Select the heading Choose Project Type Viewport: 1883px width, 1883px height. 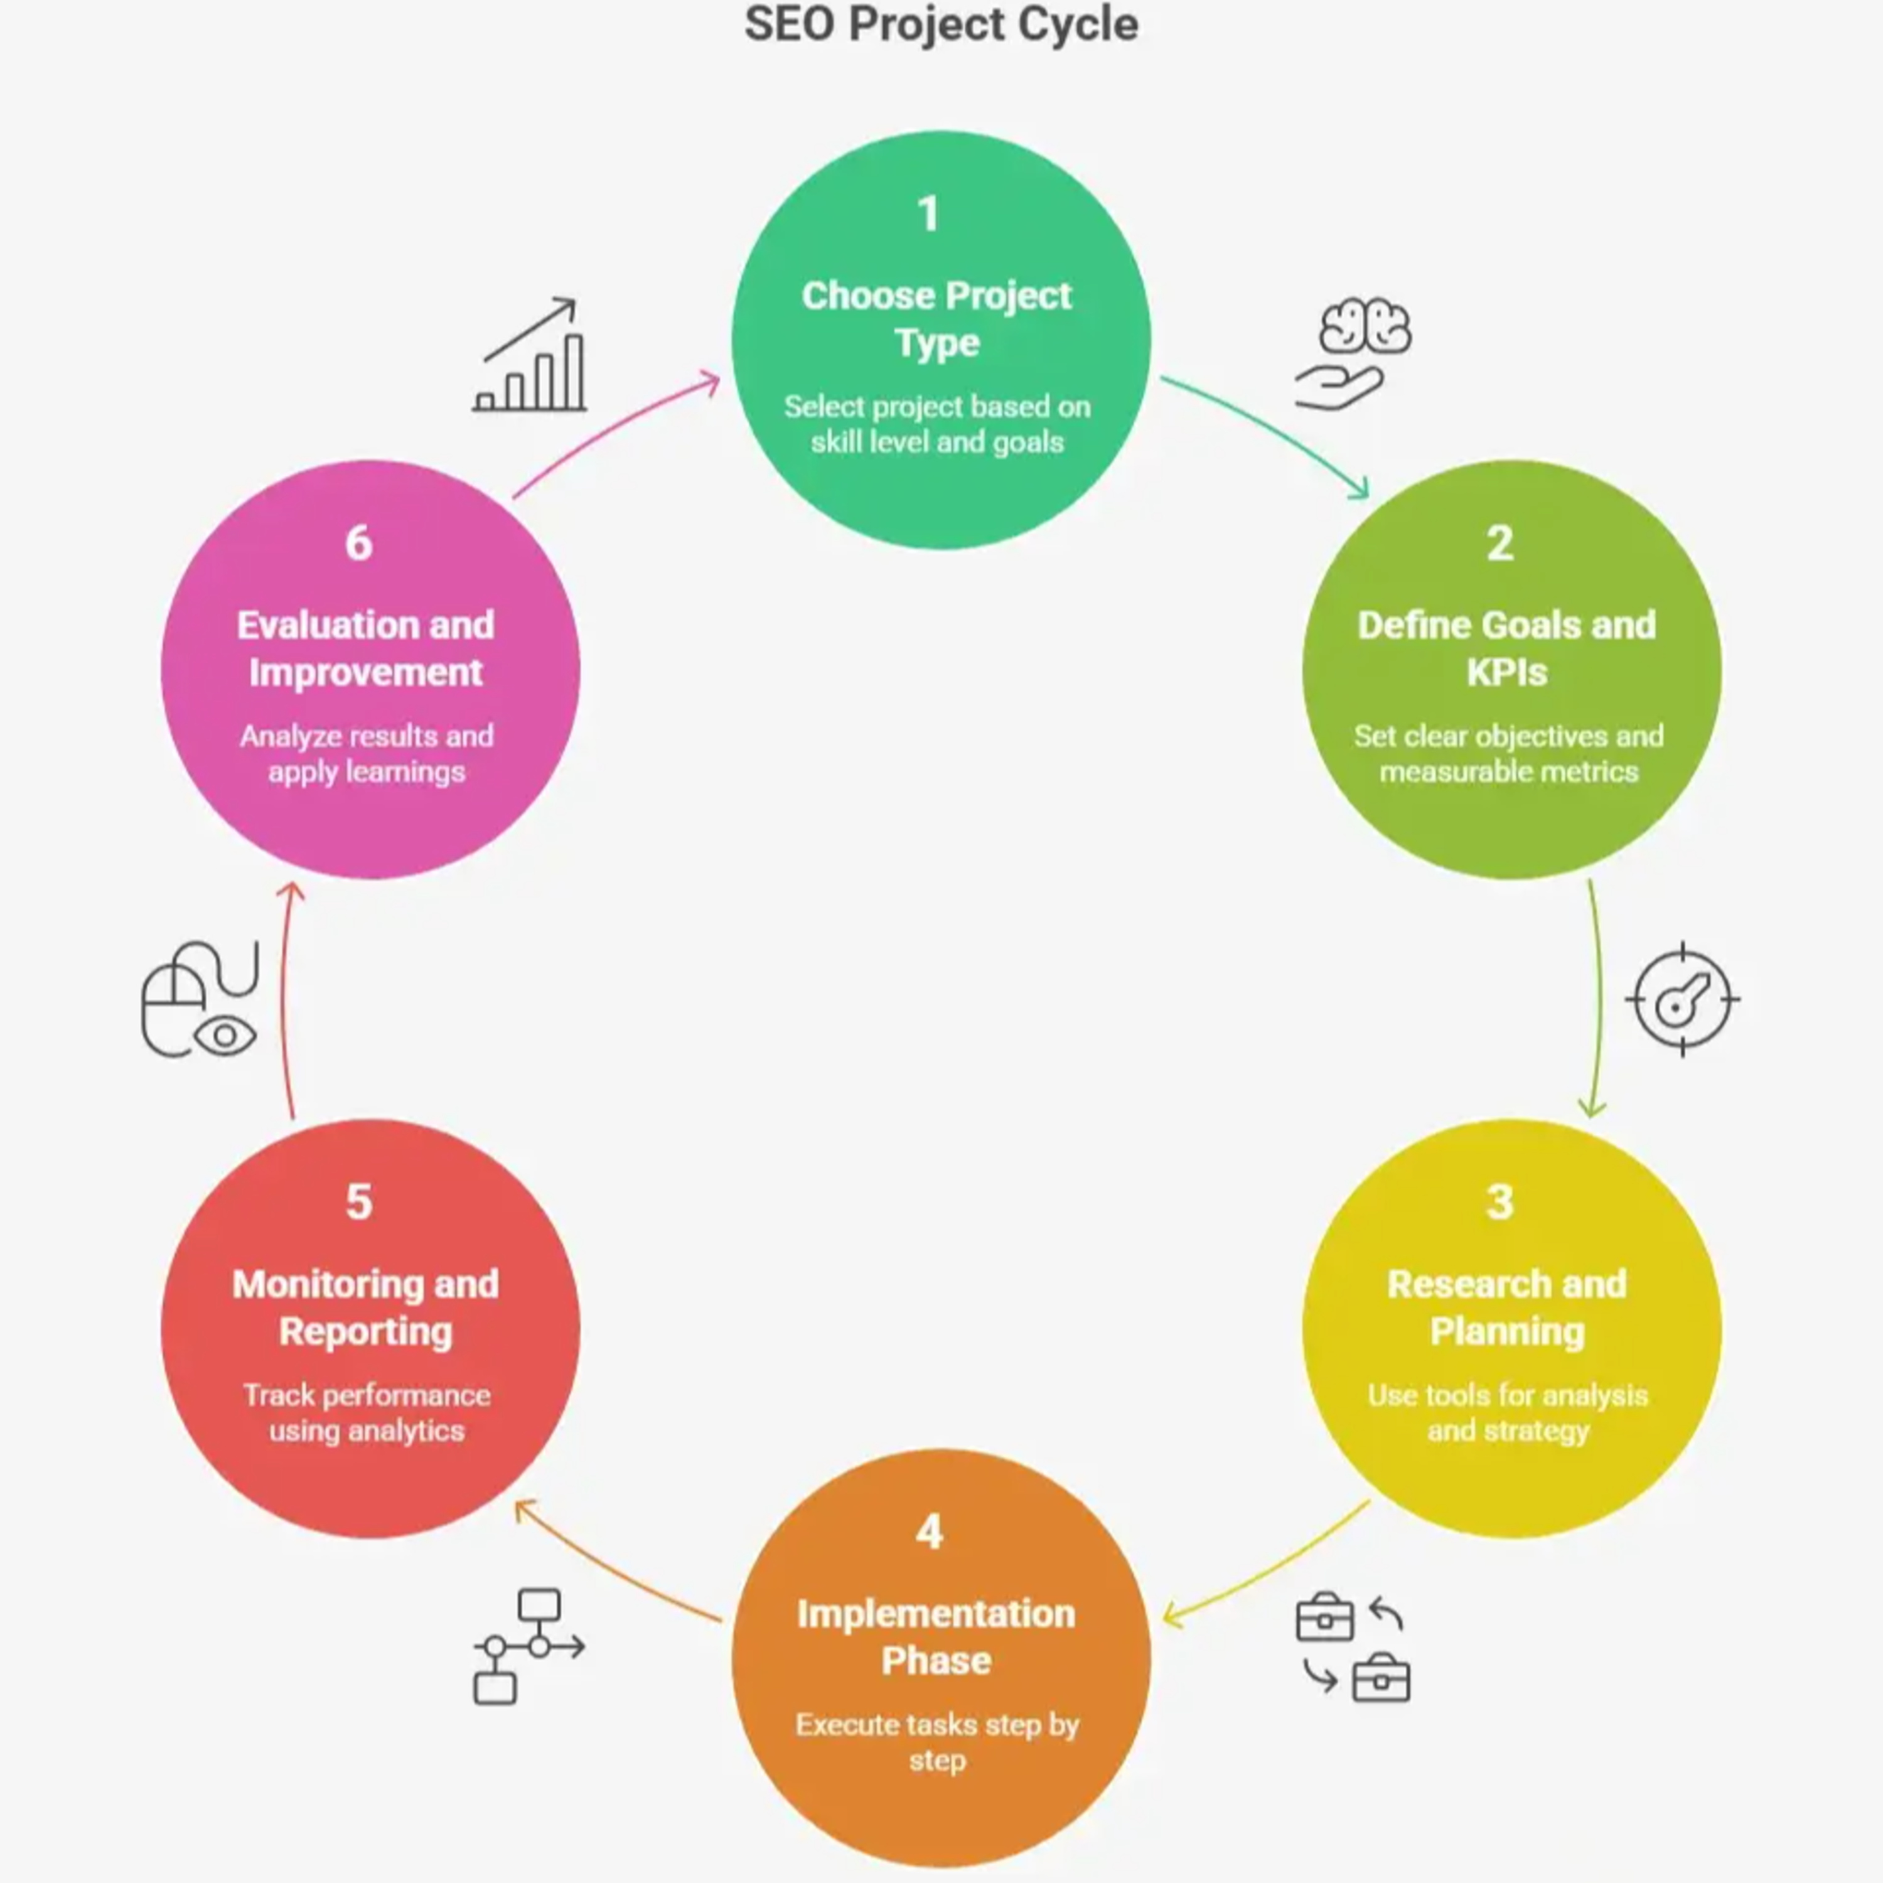pyautogui.click(x=936, y=319)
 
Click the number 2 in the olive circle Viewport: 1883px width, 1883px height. pyautogui.click(x=1500, y=543)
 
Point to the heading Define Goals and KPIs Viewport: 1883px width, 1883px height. pyautogui.click(x=1507, y=648)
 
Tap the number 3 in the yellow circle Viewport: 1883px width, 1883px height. pyautogui.click(x=1500, y=1202)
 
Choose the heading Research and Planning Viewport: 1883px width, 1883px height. pyautogui.click(x=1507, y=1307)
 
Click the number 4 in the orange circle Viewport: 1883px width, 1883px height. pyautogui.click(x=930, y=1531)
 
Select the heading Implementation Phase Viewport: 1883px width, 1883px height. pyautogui.click(x=936, y=1636)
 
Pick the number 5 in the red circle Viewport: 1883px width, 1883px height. pyautogui.click(x=358, y=1202)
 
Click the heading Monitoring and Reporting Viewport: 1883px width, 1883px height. pyautogui.click(x=365, y=1307)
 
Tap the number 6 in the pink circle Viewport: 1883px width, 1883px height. pyautogui.click(x=358, y=543)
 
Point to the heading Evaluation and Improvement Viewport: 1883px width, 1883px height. pyautogui.click(x=365, y=648)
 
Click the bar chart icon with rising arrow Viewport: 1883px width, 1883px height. pyautogui.click(x=529, y=354)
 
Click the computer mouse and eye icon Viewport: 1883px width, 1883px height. pyautogui.click(x=200, y=1000)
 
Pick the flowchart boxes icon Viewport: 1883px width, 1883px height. pyautogui.click(x=529, y=1647)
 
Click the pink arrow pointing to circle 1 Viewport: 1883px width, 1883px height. pyautogui.click(x=613, y=429)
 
